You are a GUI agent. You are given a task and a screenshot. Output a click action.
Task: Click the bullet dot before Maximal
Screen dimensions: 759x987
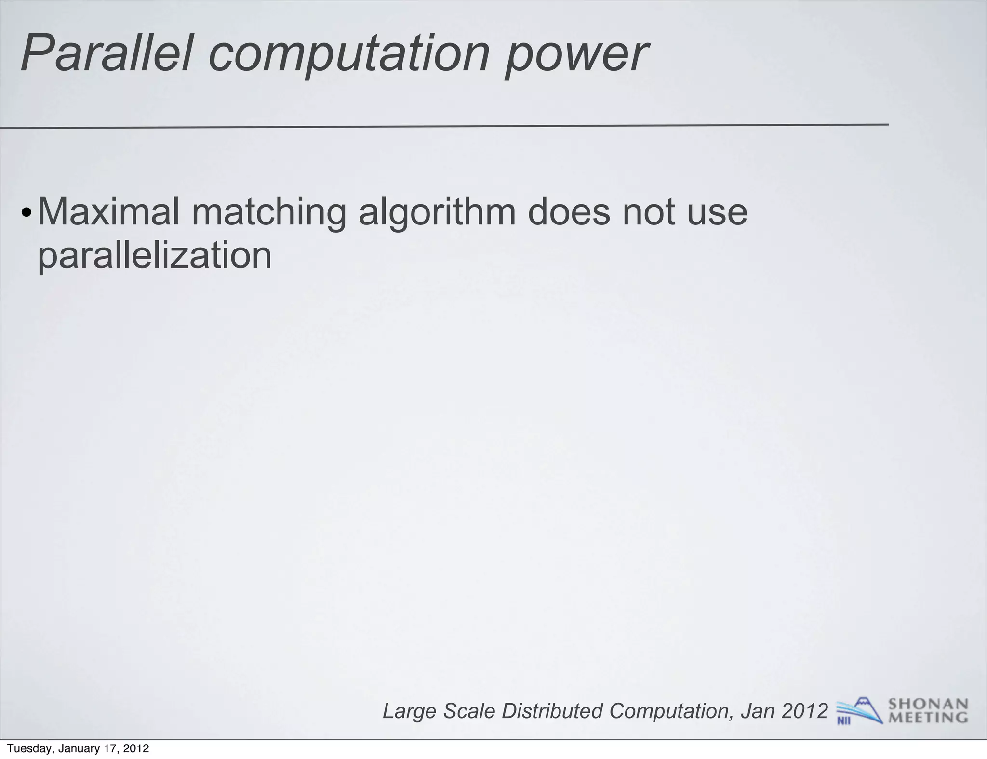point(27,213)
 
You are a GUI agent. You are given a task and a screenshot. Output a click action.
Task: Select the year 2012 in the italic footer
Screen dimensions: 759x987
point(804,711)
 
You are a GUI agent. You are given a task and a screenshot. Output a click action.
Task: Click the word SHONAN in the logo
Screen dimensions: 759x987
point(928,705)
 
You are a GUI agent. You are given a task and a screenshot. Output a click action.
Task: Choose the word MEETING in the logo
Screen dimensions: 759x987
point(928,718)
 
